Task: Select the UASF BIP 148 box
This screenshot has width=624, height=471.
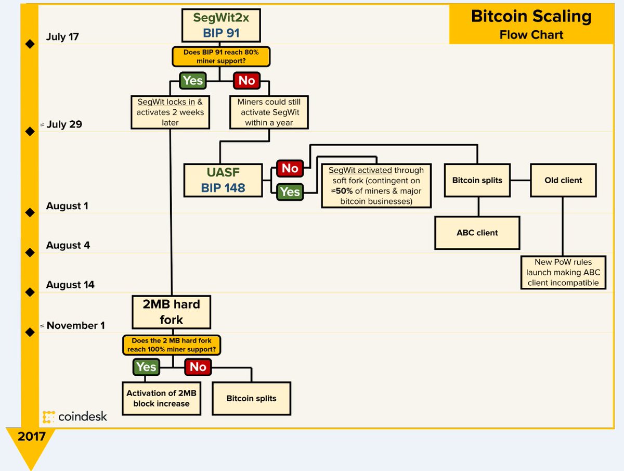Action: click(x=223, y=180)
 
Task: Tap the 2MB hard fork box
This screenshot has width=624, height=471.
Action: click(x=171, y=311)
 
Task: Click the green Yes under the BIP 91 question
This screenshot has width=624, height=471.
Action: click(x=192, y=81)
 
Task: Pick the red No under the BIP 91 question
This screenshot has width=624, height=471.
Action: click(x=247, y=81)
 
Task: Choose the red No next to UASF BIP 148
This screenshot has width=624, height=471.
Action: click(x=290, y=168)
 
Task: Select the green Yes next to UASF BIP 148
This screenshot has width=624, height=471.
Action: click(x=290, y=192)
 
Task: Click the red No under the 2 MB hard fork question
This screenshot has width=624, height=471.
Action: click(x=198, y=367)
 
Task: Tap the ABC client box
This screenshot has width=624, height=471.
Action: click(x=477, y=233)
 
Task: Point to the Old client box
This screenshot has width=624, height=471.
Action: click(x=564, y=181)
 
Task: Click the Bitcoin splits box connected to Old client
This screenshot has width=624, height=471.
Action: click(x=477, y=181)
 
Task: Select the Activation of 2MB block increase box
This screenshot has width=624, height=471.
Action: click(x=161, y=399)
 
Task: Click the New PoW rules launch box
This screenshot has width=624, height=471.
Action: click(x=563, y=273)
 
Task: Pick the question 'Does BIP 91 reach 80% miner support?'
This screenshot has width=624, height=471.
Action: click(x=221, y=57)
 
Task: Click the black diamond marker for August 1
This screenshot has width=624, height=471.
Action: click(x=30, y=212)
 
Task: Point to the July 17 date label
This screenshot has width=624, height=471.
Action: click(x=62, y=37)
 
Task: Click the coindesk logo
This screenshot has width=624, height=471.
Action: click(x=75, y=416)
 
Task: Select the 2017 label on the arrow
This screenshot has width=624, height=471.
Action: click(x=31, y=436)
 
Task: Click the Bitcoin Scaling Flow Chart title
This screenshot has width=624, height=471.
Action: click(x=531, y=24)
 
